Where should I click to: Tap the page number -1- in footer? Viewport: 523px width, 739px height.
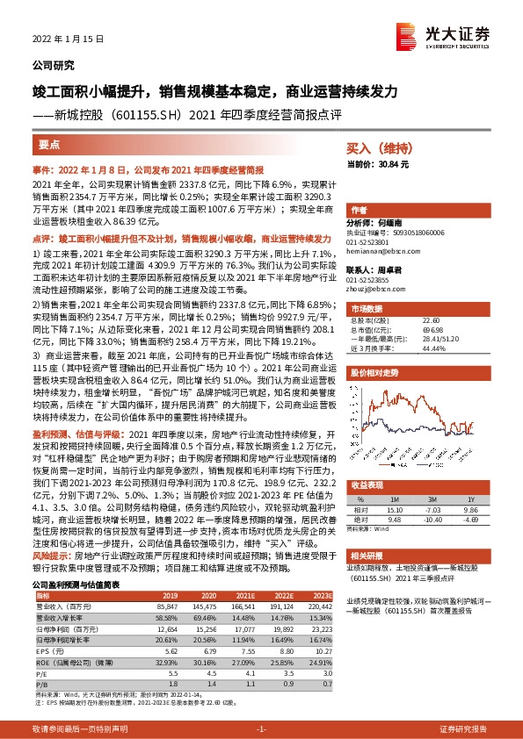coord(261,729)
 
